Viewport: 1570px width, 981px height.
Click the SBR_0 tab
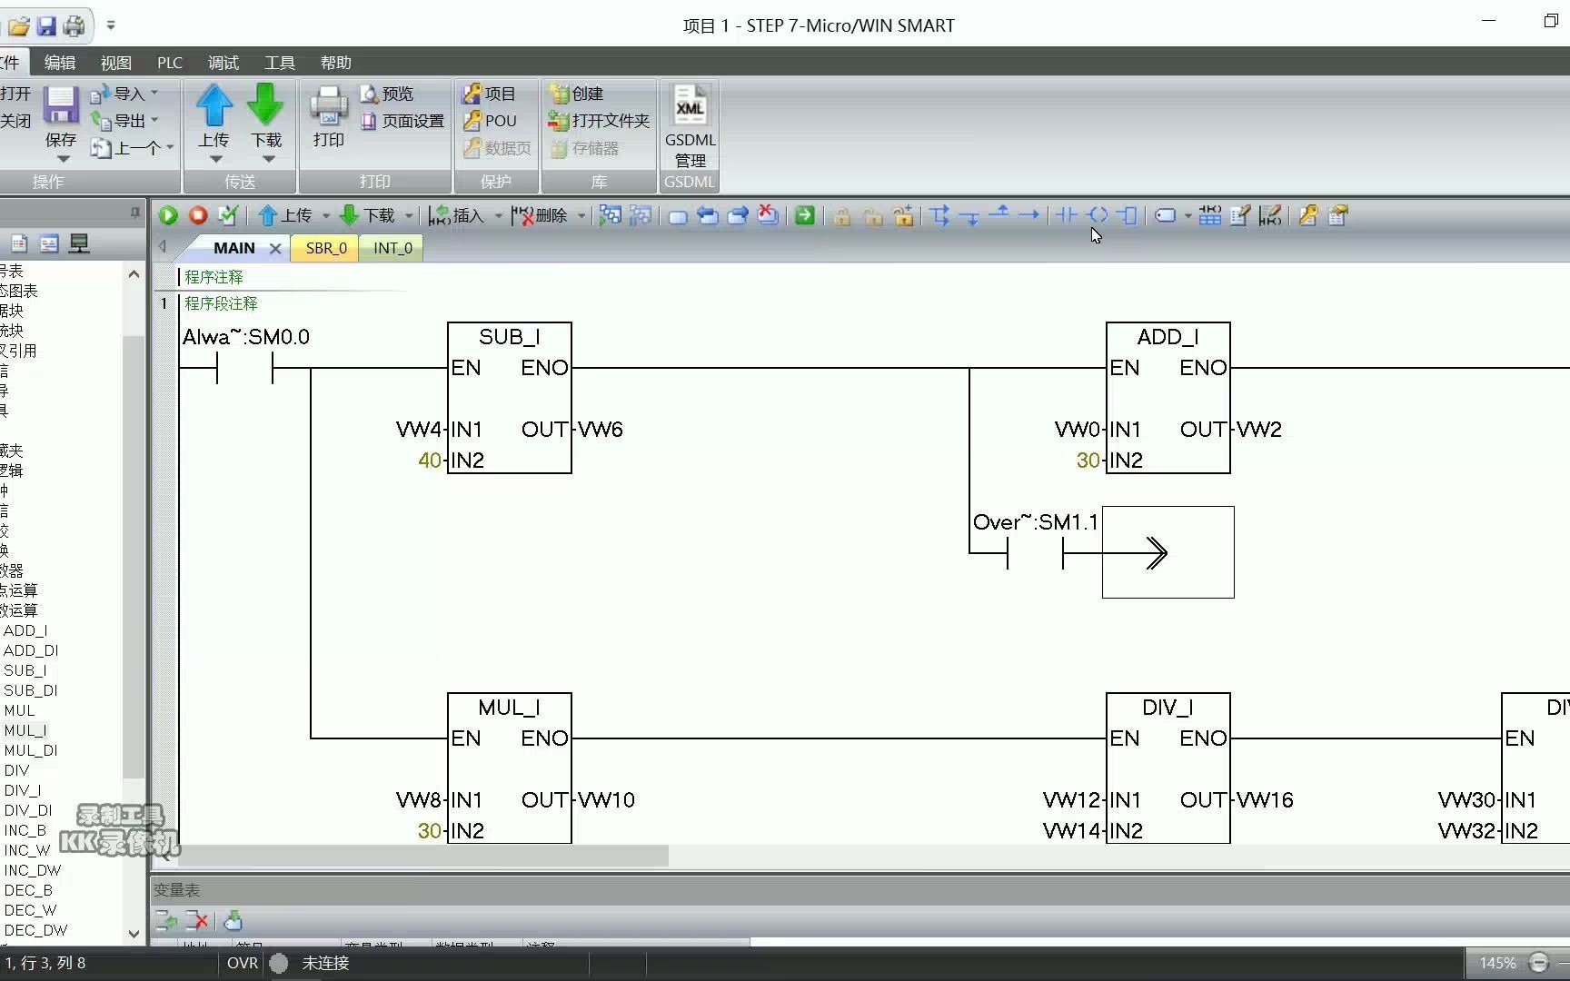(325, 248)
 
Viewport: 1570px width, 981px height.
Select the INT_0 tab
(392, 248)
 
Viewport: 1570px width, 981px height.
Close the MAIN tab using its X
(275, 248)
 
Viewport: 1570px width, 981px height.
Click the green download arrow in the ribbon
(265, 105)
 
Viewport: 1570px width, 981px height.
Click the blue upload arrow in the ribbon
(214, 105)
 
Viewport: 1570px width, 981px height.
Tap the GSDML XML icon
(690, 107)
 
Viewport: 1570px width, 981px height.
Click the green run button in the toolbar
(168, 215)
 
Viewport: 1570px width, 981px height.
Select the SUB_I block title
(509, 337)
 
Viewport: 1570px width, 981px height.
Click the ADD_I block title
(1168, 337)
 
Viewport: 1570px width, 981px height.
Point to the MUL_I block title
(509, 708)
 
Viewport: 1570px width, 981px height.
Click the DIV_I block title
(1168, 708)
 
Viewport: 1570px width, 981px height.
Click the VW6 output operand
(601, 430)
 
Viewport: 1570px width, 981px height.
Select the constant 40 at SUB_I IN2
(430, 461)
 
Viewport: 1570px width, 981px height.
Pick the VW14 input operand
(1071, 831)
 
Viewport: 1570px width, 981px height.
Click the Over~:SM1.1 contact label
(1035, 522)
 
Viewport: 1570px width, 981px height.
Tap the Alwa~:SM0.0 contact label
(245, 337)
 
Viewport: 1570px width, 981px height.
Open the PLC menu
(170, 63)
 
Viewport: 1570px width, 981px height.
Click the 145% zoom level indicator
(1497, 963)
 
